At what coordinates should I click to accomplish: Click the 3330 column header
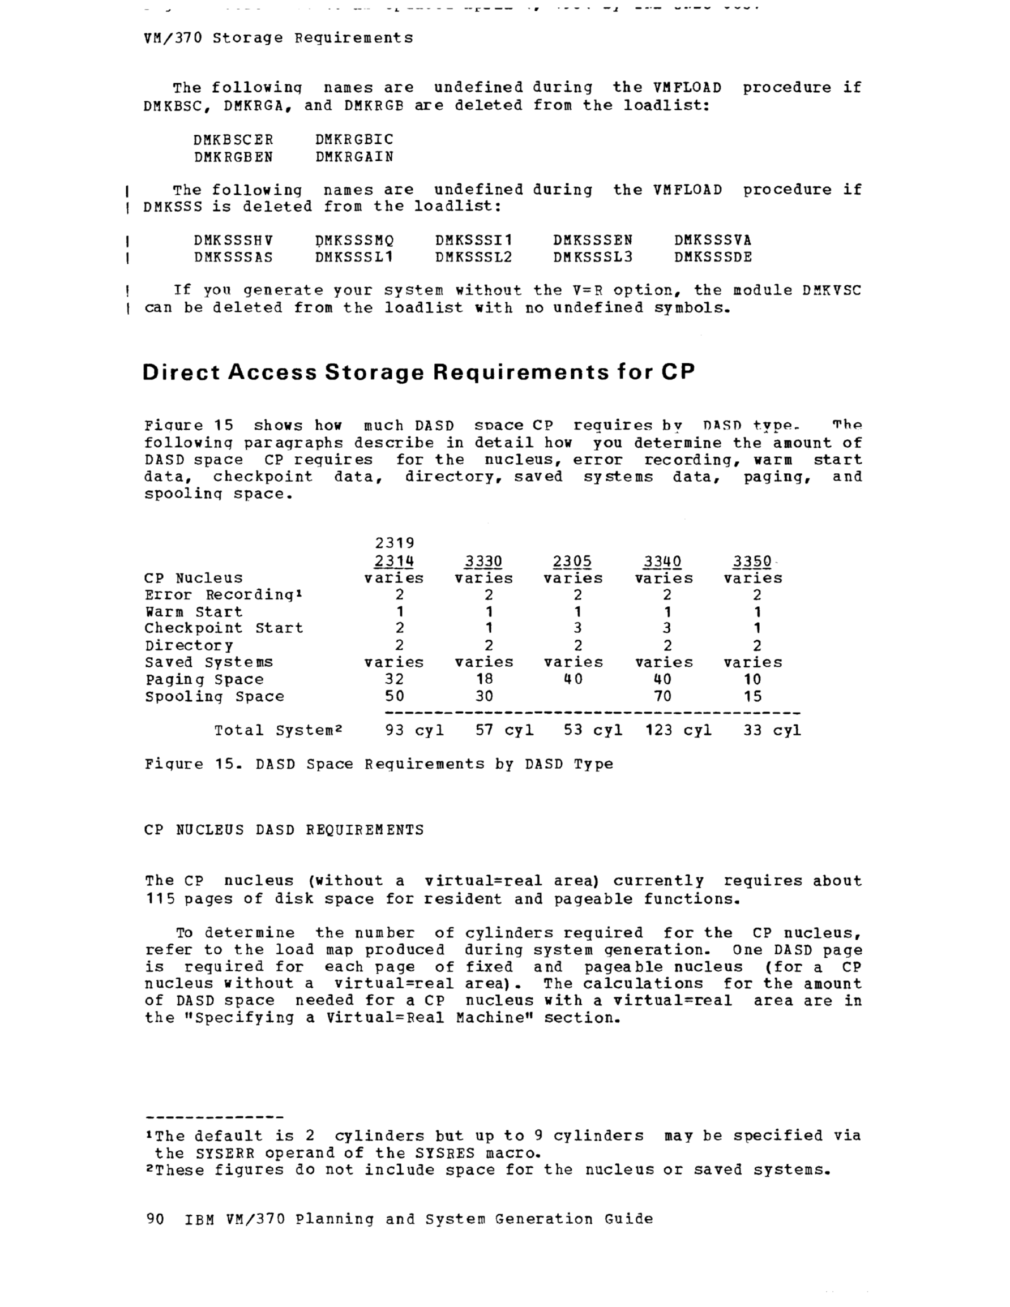483,562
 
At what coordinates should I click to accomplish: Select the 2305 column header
572,562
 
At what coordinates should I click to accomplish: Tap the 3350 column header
752,562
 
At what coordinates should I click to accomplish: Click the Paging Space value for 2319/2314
394,679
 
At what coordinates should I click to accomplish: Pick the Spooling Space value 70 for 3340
663,696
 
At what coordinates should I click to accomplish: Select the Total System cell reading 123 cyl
678,730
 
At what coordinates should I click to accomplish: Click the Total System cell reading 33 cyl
772,730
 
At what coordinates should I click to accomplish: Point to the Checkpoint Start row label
224,628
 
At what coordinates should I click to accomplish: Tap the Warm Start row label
194,611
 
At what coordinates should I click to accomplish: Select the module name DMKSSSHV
233,240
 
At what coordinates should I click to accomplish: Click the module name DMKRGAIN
354,157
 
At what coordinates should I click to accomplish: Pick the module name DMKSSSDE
712,258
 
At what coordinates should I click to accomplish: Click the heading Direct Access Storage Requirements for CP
418,372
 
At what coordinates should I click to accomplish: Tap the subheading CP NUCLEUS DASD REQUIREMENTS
284,830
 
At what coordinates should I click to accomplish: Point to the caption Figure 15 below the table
378,764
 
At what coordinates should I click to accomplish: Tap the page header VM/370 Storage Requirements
279,38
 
